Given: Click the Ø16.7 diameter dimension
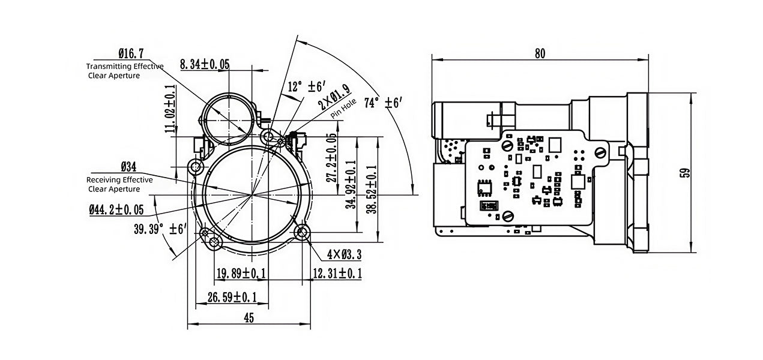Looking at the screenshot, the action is (131, 53).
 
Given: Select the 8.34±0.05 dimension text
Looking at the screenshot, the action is (205, 64).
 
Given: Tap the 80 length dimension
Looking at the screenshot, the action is (540, 54).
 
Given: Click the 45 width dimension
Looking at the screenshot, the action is (249, 318).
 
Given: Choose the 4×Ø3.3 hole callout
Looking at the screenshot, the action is (344, 254).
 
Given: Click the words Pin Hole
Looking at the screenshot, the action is (343, 109).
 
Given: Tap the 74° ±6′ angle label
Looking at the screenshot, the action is (383, 102).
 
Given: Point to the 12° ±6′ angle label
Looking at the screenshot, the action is (307, 86).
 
